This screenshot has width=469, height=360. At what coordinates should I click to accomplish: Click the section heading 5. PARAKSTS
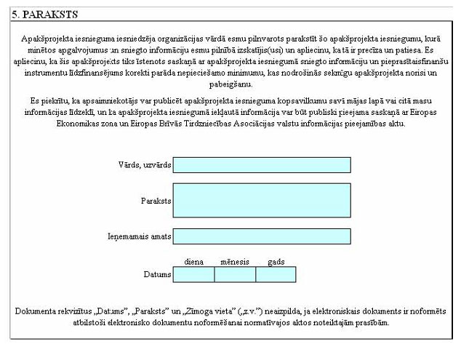click(x=43, y=14)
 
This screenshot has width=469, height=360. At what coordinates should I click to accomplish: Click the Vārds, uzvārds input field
click(x=262, y=165)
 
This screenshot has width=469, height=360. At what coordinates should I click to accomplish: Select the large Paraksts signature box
click(x=262, y=200)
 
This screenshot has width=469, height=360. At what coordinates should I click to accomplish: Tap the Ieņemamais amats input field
click(x=262, y=236)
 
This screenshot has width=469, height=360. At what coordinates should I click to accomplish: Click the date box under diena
click(x=194, y=274)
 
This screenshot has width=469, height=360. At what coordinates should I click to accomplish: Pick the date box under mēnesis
click(x=235, y=274)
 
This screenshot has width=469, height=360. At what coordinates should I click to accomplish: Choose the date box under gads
click(x=276, y=274)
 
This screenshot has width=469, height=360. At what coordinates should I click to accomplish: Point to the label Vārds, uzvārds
click(x=144, y=165)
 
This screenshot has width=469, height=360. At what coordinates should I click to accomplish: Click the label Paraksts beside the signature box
click(x=156, y=200)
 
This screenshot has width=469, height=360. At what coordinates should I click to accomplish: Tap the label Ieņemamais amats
click(x=139, y=236)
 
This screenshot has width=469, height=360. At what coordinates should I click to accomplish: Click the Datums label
click(x=158, y=274)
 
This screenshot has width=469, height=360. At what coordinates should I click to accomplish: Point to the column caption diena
click(x=193, y=261)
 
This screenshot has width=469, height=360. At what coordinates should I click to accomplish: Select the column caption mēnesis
click(x=235, y=261)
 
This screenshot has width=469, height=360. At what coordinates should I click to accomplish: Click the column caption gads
click(x=276, y=261)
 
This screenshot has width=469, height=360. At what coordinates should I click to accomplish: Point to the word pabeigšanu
click(x=234, y=84)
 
